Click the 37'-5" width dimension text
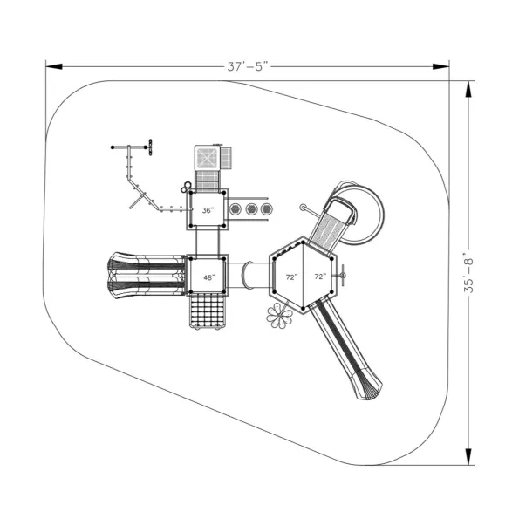pyautogui.click(x=248, y=66)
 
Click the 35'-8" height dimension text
pyautogui.click(x=468, y=273)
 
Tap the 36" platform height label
pyautogui.click(x=208, y=210)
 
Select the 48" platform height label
pyautogui.click(x=209, y=277)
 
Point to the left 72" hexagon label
pyautogui.click(x=292, y=277)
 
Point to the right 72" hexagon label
pyautogui.click(x=320, y=277)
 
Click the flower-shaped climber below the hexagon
pyautogui.click(x=279, y=316)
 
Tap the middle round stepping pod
pyautogui.click(x=251, y=208)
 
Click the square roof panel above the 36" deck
pyautogui.click(x=207, y=158)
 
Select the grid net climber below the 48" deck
pyautogui.click(x=208, y=311)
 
